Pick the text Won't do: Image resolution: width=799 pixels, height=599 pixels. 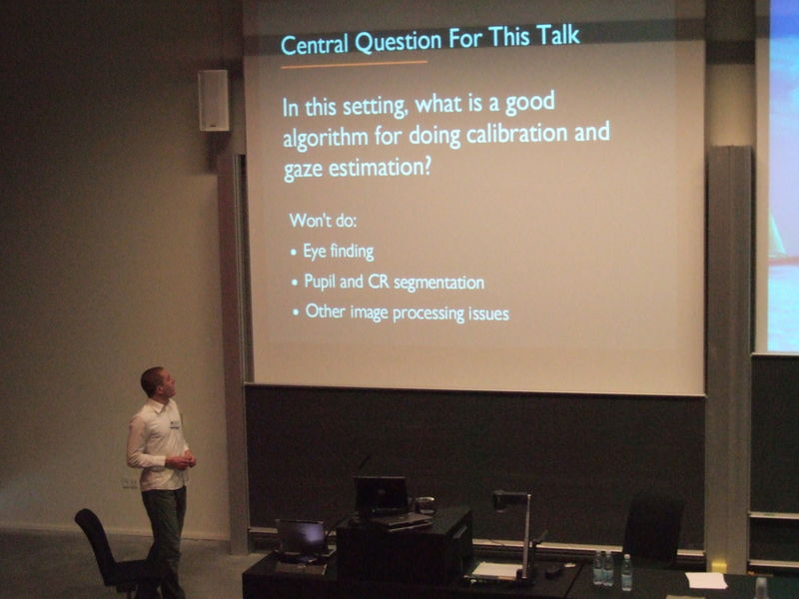(x=324, y=220)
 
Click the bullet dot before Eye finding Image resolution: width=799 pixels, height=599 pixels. (x=294, y=253)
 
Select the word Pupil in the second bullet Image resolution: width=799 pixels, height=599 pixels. (x=322, y=283)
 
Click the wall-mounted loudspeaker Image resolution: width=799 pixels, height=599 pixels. (x=213, y=100)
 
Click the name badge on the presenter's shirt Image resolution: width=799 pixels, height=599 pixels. (x=174, y=424)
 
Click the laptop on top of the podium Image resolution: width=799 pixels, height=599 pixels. (x=381, y=495)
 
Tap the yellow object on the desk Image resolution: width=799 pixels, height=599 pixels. (x=718, y=566)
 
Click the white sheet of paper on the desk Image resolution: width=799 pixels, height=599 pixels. (x=706, y=580)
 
